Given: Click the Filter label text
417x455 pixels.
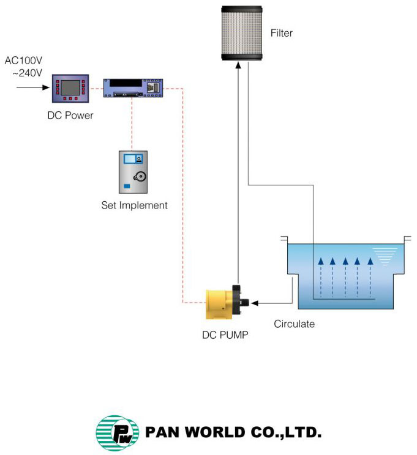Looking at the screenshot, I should (x=281, y=33).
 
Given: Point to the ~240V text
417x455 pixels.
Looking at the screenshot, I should (x=27, y=73).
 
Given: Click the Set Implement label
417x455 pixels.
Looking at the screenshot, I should (x=134, y=205).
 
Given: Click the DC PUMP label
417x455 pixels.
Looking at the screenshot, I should (x=225, y=335).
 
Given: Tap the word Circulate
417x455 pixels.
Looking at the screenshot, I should (x=294, y=324).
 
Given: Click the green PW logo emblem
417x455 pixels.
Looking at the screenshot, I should (x=113, y=433).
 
